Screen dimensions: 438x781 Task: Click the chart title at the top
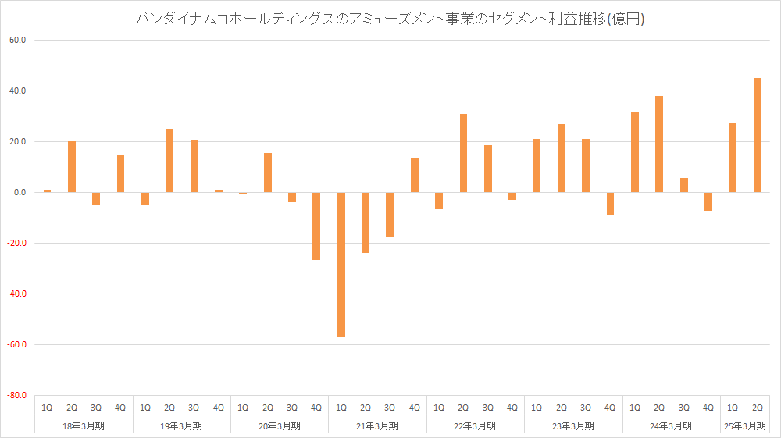click(390, 20)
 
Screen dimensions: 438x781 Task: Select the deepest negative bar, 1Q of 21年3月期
click(341, 264)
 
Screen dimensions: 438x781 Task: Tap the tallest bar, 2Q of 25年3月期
click(758, 135)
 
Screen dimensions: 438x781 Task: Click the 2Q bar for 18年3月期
click(72, 166)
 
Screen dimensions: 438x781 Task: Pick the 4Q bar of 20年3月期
click(316, 226)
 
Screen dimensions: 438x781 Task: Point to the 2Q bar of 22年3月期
click(463, 153)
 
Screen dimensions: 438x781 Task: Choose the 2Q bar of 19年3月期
click(169, 160)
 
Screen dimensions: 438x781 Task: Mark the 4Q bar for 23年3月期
click(610, 203)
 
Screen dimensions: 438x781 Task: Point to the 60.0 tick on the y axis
click(16, 40)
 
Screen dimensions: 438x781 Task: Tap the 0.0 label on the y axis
click(19, 192)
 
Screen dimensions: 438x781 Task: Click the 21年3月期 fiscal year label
click(378, 426)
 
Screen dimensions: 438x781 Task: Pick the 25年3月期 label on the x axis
click(745, 426)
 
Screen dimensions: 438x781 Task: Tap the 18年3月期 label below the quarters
click(84, 426)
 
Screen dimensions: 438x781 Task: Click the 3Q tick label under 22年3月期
click(487, 408)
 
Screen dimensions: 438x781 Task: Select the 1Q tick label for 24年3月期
click(635, 408)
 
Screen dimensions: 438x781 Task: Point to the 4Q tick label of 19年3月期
click(219, 408)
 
